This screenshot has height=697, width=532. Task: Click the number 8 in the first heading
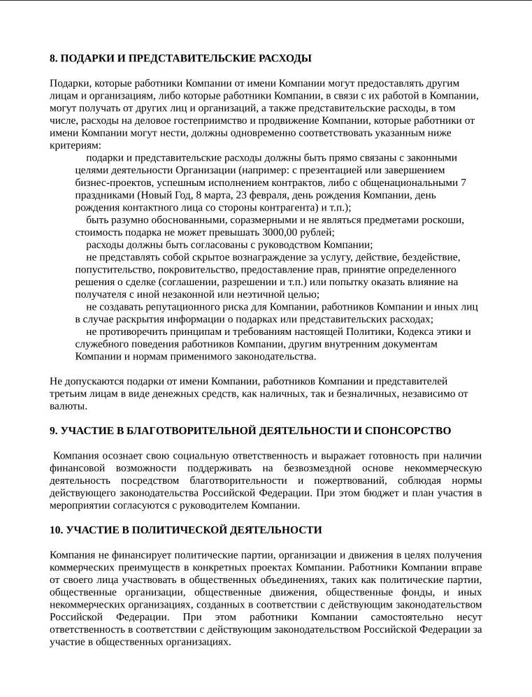[x=52, y=58]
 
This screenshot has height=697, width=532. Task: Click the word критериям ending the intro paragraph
[x=75, y=145]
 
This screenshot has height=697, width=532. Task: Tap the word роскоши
[x=443, y=220]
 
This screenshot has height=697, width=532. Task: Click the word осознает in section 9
[x=125, y=456]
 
